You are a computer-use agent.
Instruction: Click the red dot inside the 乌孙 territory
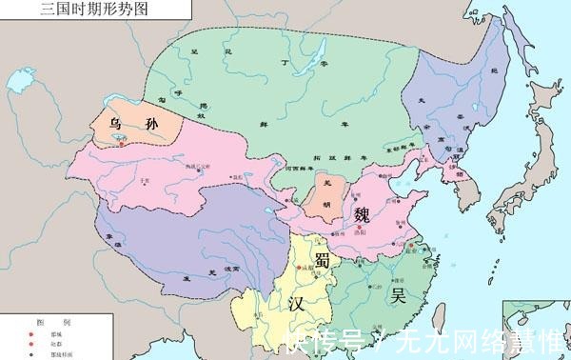coord(119,140)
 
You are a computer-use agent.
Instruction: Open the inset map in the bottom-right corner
coord(538,329)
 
